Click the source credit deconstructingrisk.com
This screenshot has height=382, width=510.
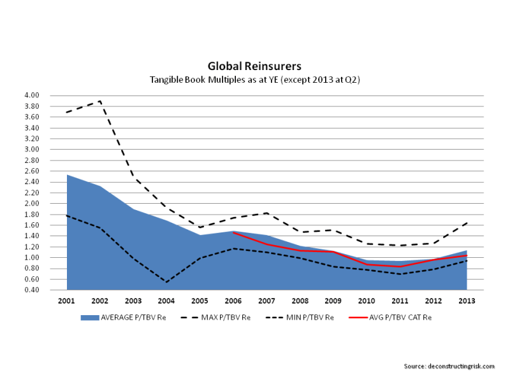click(x=449, y=365)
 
